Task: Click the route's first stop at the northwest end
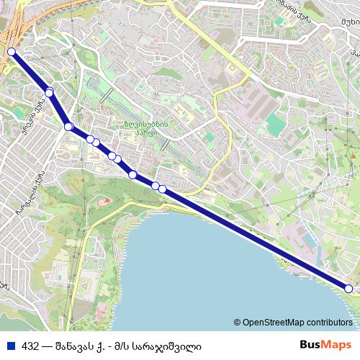pyautogui.click(x=12, y=52)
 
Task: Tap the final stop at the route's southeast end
pyautogui.click(x=348, y=289)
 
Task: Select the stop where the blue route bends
pyautogui.click(x=68, y=127)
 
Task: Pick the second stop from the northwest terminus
pyautogui.click(x=49, y=92)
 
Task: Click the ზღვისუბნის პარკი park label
pyautogui.click(x=145, y=127)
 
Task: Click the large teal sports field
pyautogui.click(x=275, y=125)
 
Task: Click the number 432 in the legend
pyautogui.click(x=30, y=346)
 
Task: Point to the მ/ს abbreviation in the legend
pyautogui.click(x=130, y=346)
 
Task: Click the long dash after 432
pyautogui.click(x=47, y=346)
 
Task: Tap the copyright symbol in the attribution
pyautogui.click(x=237, y=323)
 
